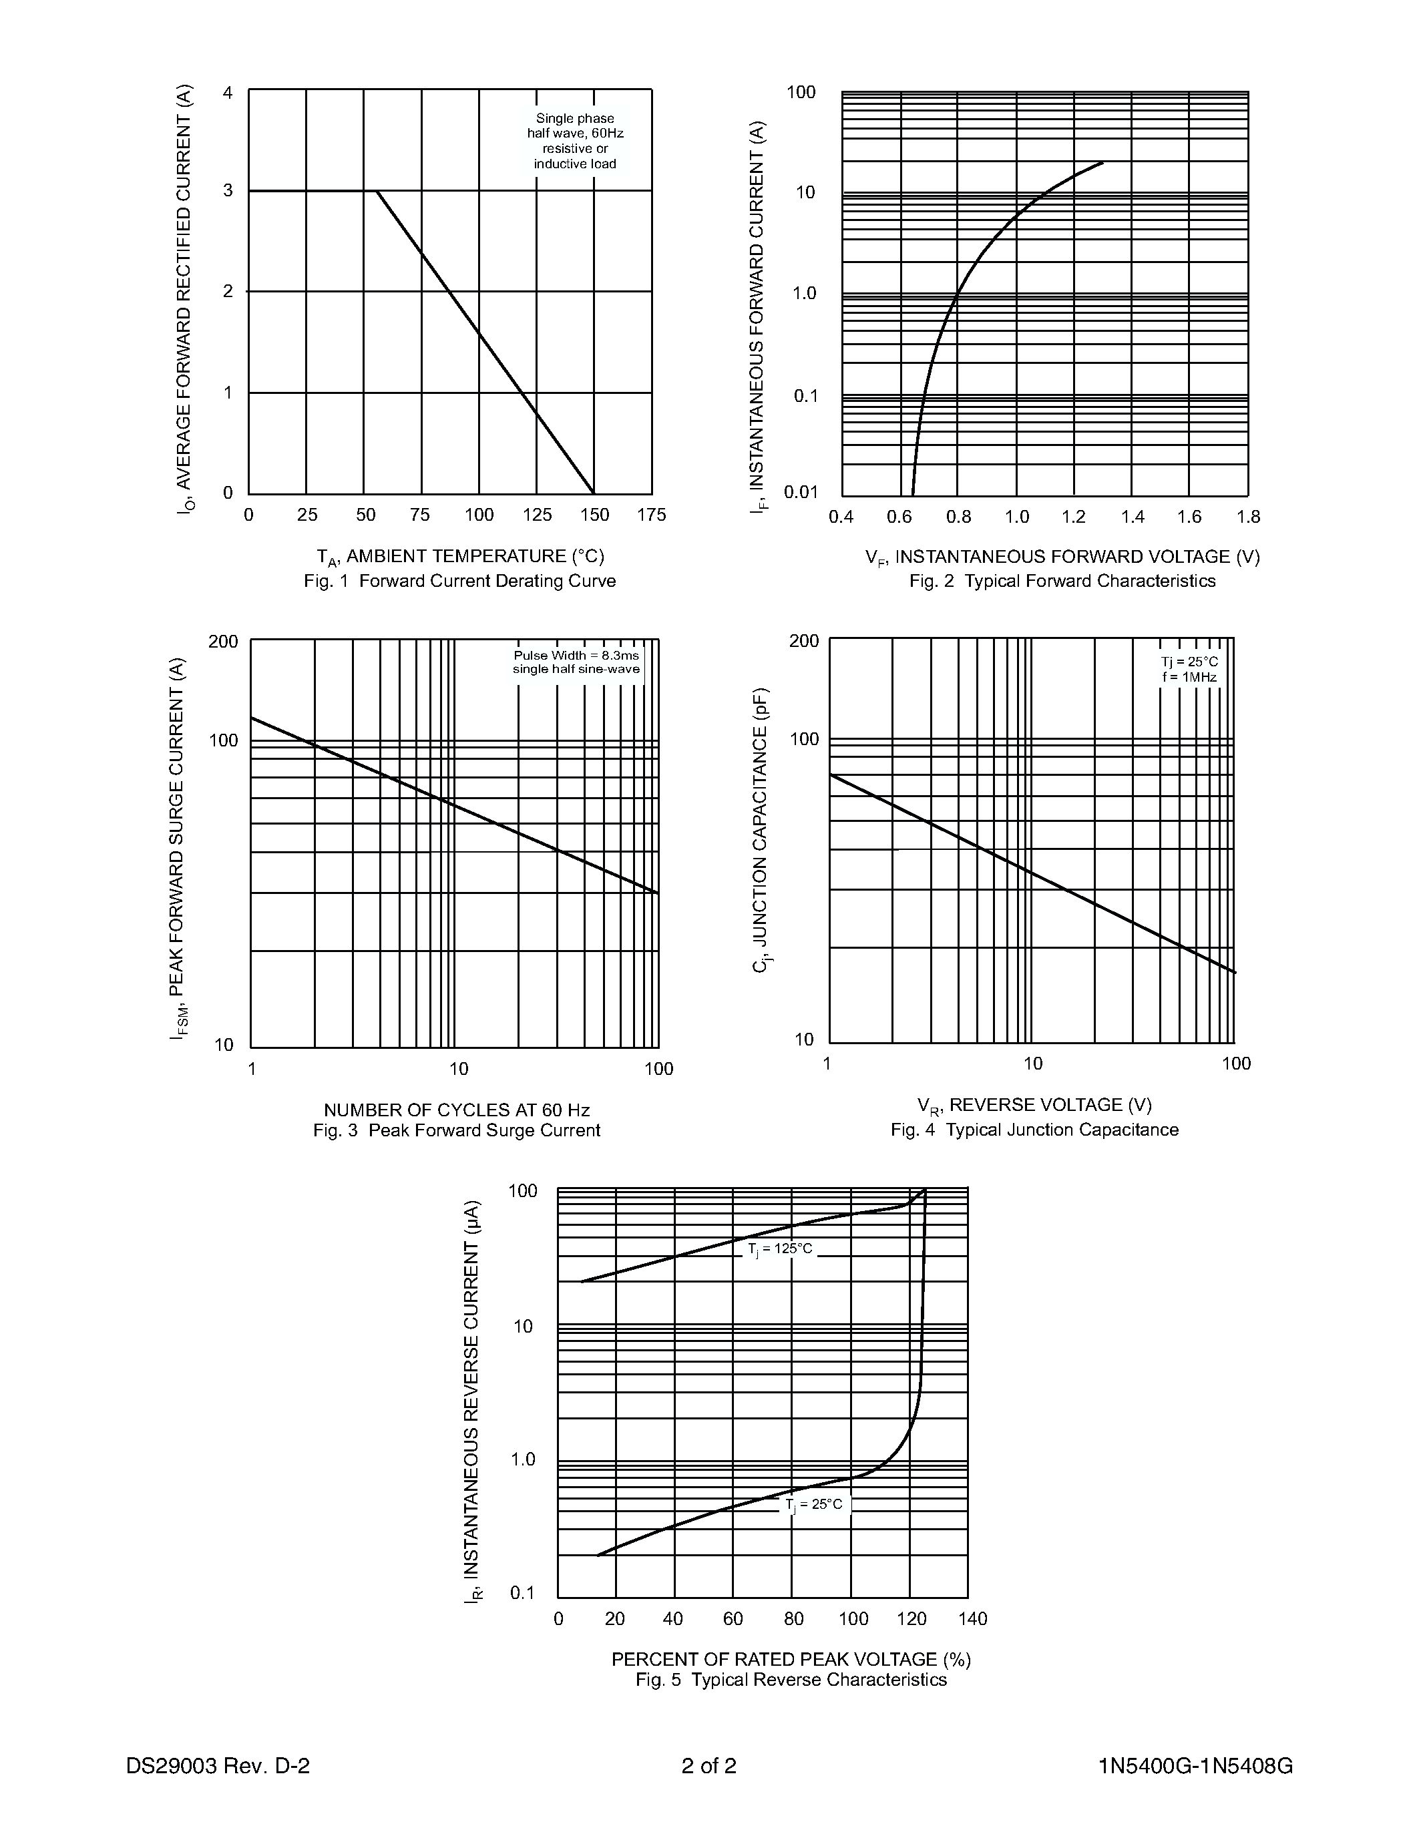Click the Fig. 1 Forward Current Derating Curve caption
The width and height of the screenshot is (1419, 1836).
[x=460, y=581]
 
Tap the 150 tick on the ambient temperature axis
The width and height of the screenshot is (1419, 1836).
[x=594, y=515]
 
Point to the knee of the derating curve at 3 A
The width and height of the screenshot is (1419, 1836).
[x=377, y=192]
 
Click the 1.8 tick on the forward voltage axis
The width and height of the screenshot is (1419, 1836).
[x=1248, y=517]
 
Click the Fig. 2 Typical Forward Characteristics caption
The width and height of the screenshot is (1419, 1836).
[x=1062, y=581]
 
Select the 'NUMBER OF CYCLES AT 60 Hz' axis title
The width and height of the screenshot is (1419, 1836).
[x=457, y=1110]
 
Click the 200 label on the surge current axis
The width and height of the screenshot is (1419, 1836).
[x=224, y=642]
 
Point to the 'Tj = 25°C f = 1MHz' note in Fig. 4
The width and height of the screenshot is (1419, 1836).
[x=1189, y=669]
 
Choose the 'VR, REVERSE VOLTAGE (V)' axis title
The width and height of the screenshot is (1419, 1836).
[x=1034, y=1105]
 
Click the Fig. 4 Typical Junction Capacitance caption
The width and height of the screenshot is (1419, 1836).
[x=1034, y=1130]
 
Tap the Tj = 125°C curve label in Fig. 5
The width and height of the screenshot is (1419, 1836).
[x=780, y=1249]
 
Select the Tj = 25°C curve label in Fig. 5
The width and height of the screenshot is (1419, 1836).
[x=814, y=1505]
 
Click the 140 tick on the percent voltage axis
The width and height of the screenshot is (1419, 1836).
[x=973, y=1619]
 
